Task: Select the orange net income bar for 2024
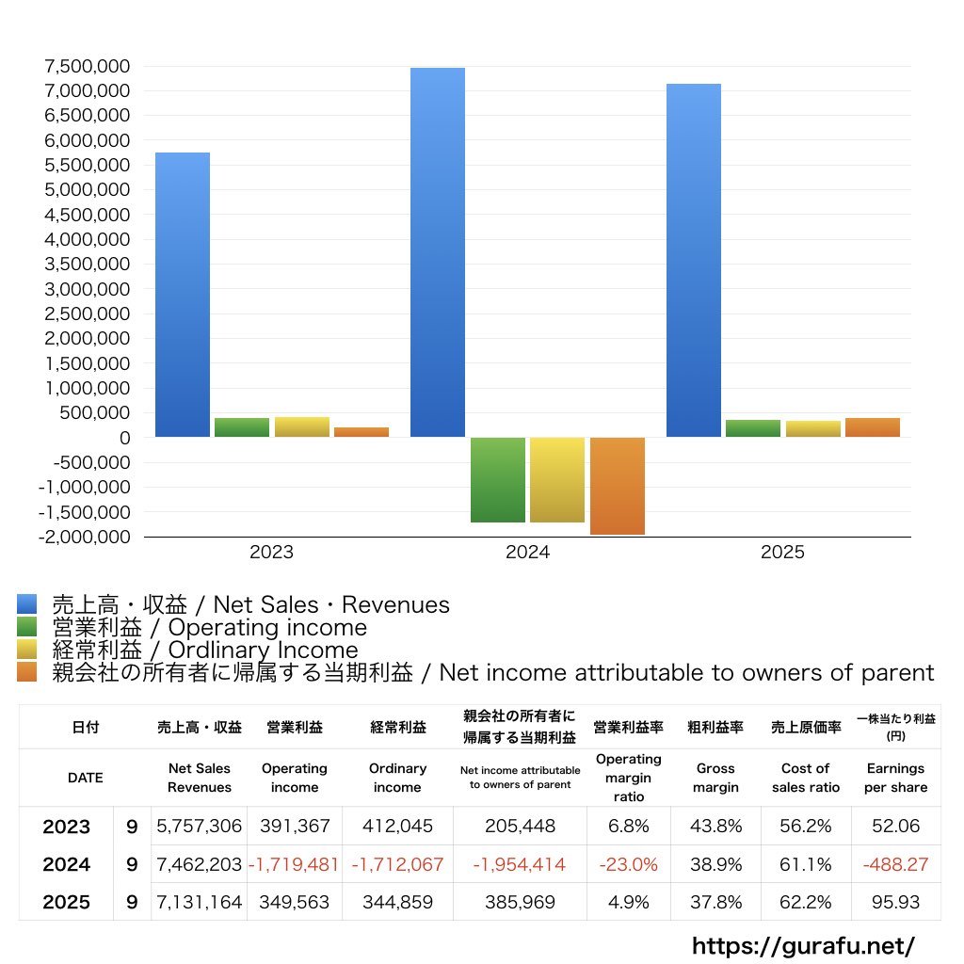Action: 617,486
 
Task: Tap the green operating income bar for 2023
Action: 242,427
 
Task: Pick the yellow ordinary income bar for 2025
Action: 813,428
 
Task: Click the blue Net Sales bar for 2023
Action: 183,295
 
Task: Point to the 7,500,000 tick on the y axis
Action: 87,67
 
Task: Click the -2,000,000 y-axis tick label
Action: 84,537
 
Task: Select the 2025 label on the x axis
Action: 783,553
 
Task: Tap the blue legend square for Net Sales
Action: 27,604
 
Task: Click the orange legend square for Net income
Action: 27,672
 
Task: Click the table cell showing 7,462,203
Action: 200,864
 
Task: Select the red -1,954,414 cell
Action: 520,864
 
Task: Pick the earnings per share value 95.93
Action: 895,902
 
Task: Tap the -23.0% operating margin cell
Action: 629,864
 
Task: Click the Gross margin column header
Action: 715,778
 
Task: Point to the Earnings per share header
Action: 895,778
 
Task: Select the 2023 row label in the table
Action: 67,827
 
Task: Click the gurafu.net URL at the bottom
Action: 803,945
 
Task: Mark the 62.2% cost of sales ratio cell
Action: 806,902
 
